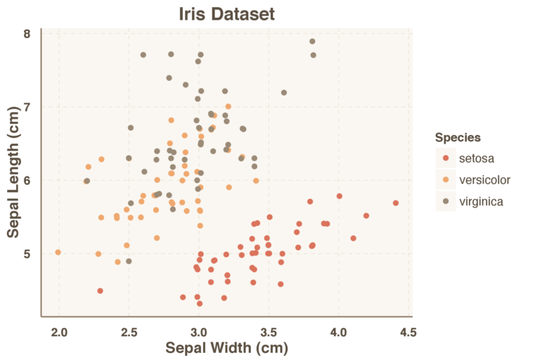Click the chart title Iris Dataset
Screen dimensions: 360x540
click(x=226, y=14)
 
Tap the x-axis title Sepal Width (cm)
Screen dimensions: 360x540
click(x=226, y=347)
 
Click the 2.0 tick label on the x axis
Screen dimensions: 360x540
click(x=58, y=332)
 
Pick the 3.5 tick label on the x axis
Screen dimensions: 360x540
click(x=269, y=332)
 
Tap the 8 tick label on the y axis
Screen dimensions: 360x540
click(x=26, y=34)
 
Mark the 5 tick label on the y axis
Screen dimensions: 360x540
click(x=26, y=254)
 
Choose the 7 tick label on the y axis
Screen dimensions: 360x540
click(x=26, y=107)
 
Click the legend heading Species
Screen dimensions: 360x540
click(x=458, y=137)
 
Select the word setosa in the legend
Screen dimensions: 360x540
click(x=477, y=158)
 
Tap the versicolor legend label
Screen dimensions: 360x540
click(x=484, y=180)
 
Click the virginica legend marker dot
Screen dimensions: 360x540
click(x=446, y=202)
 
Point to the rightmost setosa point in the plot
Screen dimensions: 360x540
click(x=396, y=203)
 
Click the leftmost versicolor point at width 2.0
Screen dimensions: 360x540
click(x=58, y=252)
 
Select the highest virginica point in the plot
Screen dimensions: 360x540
click(x=312, y=41)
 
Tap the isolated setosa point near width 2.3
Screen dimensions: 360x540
click(x=101, y=290)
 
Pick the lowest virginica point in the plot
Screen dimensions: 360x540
click(x=129, y=261)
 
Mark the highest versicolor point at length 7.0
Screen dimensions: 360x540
click(x=228, y=107)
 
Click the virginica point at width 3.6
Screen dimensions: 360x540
click(x=284, y=93)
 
